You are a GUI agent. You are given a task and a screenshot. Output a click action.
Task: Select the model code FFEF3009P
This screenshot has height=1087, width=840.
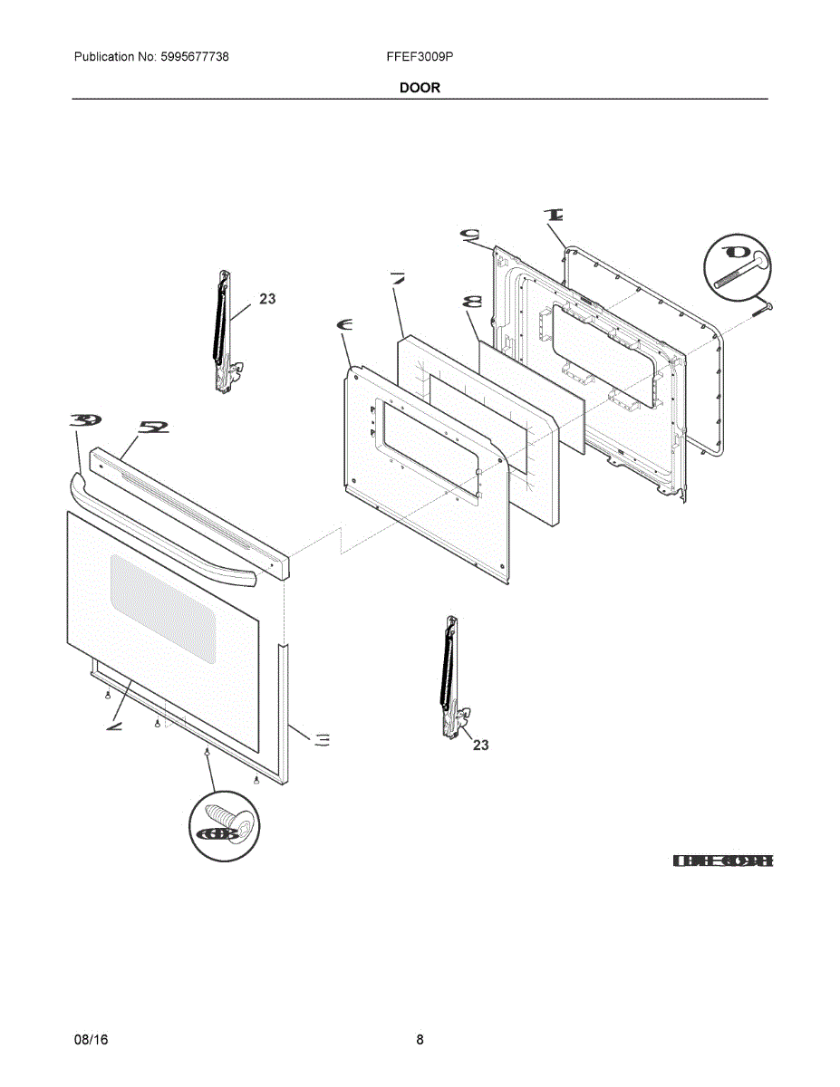tap(420, 57)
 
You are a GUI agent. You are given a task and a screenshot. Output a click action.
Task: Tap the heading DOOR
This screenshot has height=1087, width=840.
tap(420, 88)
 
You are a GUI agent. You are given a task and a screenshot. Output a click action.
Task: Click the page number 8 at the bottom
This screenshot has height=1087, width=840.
tap(420, 1040)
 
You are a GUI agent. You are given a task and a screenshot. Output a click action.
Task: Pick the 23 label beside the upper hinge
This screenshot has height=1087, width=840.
tap(267, 298)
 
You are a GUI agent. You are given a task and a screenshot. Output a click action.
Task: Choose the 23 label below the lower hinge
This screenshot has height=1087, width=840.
tap(480, 745)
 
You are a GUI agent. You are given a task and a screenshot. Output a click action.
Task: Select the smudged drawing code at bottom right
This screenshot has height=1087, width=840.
tap(722, 861)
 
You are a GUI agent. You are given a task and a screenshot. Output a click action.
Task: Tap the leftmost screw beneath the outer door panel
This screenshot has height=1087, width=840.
tap(108, 695)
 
